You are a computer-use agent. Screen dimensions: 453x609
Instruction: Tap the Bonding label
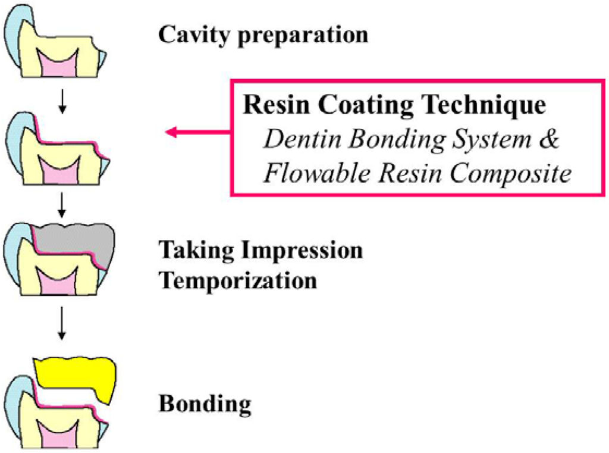[204, 404]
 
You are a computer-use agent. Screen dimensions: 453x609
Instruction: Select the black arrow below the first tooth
[62, 101]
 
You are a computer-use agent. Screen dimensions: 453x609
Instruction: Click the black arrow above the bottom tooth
[62, 326]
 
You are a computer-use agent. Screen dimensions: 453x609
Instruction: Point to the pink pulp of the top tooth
[58, 61]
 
